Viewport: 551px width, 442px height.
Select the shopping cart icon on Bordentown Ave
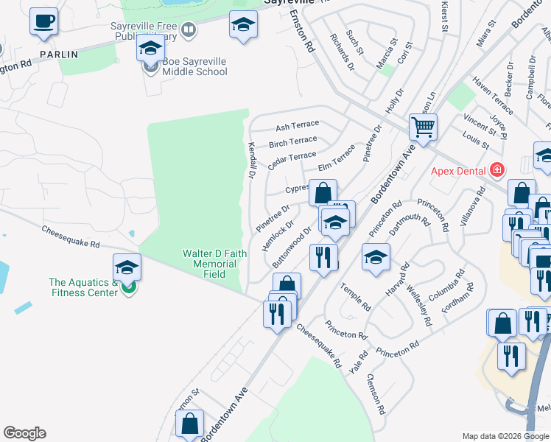(423, 127)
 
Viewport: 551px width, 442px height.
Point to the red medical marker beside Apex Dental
(497, 170)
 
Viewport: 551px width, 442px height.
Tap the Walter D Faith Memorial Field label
(214, 264)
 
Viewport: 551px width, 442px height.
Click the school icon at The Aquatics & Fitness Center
(127, 267)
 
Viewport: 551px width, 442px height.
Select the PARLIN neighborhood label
(58, 54)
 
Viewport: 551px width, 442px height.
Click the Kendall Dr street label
(251, 161)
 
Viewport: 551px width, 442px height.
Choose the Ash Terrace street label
(297, 126)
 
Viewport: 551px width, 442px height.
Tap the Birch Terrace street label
(292, 141)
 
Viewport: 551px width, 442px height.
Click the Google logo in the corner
(24, 433)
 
